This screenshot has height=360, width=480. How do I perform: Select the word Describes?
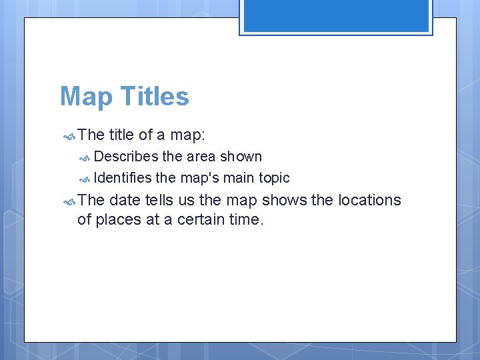[126, 157]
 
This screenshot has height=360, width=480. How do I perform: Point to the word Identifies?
[123, 178]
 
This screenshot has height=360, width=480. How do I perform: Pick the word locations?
[369, 200]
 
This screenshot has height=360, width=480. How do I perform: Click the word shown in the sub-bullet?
[241, 157]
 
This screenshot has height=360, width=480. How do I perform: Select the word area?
[201, 157]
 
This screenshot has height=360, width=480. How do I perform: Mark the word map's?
[199, 178]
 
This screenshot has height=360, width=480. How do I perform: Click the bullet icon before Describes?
[85, 158]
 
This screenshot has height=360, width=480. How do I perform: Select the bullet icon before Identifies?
[85, 179]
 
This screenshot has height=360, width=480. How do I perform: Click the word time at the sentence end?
[247, 219]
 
